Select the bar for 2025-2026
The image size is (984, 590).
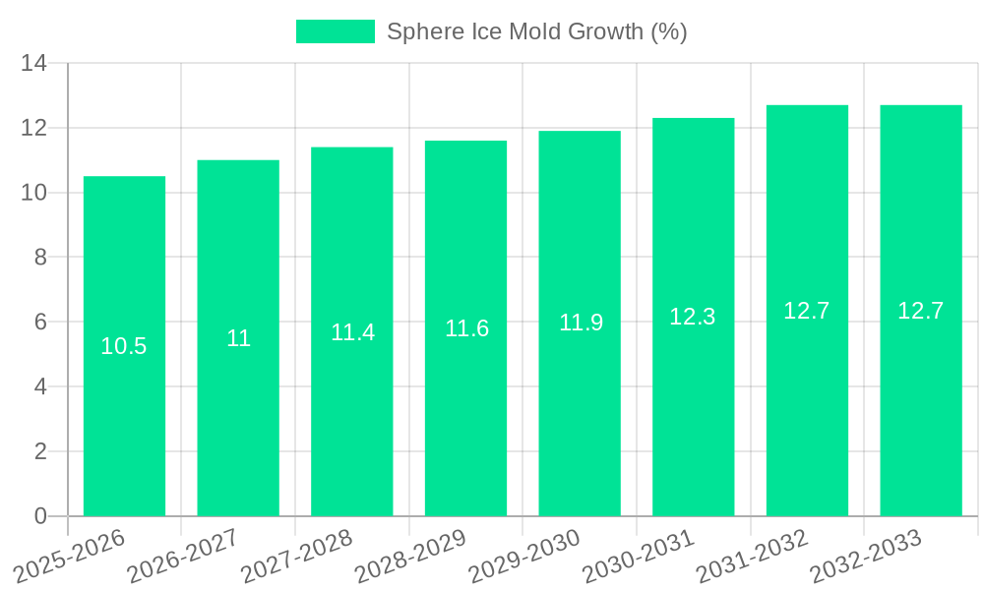[x=124, y=346]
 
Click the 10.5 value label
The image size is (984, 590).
[x=124, y=346]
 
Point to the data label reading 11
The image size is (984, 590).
[x=238, y=338]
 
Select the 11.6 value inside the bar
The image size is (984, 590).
[x=466, y=328]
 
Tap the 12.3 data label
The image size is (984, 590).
[x=693, y=317]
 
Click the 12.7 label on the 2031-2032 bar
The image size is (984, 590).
[x=807, y=311]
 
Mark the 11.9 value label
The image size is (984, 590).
[x=581, y=323]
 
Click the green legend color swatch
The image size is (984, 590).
[x=336, y=31]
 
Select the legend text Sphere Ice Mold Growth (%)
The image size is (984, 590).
[x=536, y=31]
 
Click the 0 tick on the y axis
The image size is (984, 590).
[x=40, y=516]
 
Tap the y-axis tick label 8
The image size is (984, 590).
[x=40, y=258]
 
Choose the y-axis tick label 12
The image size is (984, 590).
[x=34, y=128]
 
